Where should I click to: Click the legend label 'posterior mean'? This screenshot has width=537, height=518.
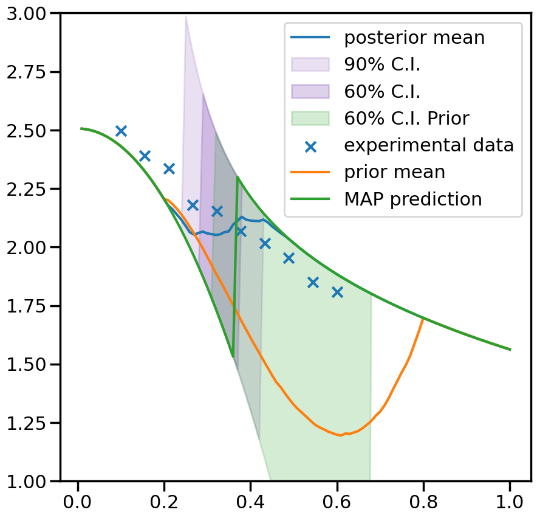tap(414, 38)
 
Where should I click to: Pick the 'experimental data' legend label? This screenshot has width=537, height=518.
tap(429, 145)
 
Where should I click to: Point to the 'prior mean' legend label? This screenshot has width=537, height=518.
tap(395, 172)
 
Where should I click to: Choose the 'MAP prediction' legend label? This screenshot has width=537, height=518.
tap(412, 199)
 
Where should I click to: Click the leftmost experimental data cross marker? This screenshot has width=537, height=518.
tap(121, 131)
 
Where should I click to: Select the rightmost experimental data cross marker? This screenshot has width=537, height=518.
tap(337, 292)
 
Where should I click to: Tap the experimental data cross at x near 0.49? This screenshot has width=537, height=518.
tap(289, 258)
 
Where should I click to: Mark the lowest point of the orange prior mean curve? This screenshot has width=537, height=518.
tap(341, 435)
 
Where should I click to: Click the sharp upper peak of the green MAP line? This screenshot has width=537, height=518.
tap(237, 177)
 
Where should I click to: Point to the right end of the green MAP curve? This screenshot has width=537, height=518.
tap(510, 350)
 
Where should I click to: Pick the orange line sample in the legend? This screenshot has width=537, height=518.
tap(310, 173)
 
